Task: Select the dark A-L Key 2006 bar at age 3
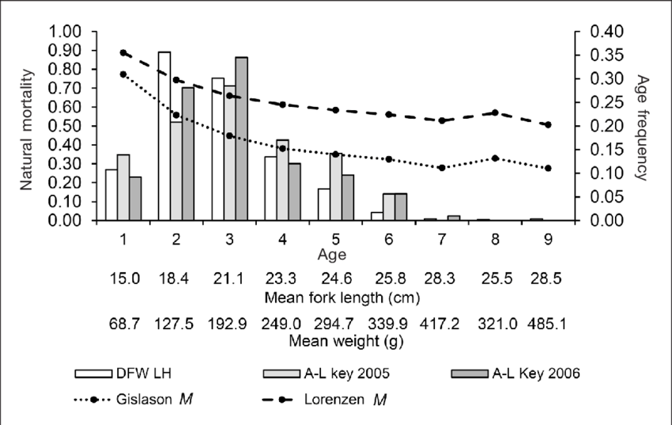tap(242, 139)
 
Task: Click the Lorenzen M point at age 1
tap(123, 53)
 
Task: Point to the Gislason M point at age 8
tap(495, 158)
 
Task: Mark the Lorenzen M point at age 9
tap(548, 125)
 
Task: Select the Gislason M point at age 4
tap(282, 148)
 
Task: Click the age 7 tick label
tap(442, 238)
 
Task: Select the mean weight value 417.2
tap(442, 324)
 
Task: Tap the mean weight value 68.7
tap(123, 324)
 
